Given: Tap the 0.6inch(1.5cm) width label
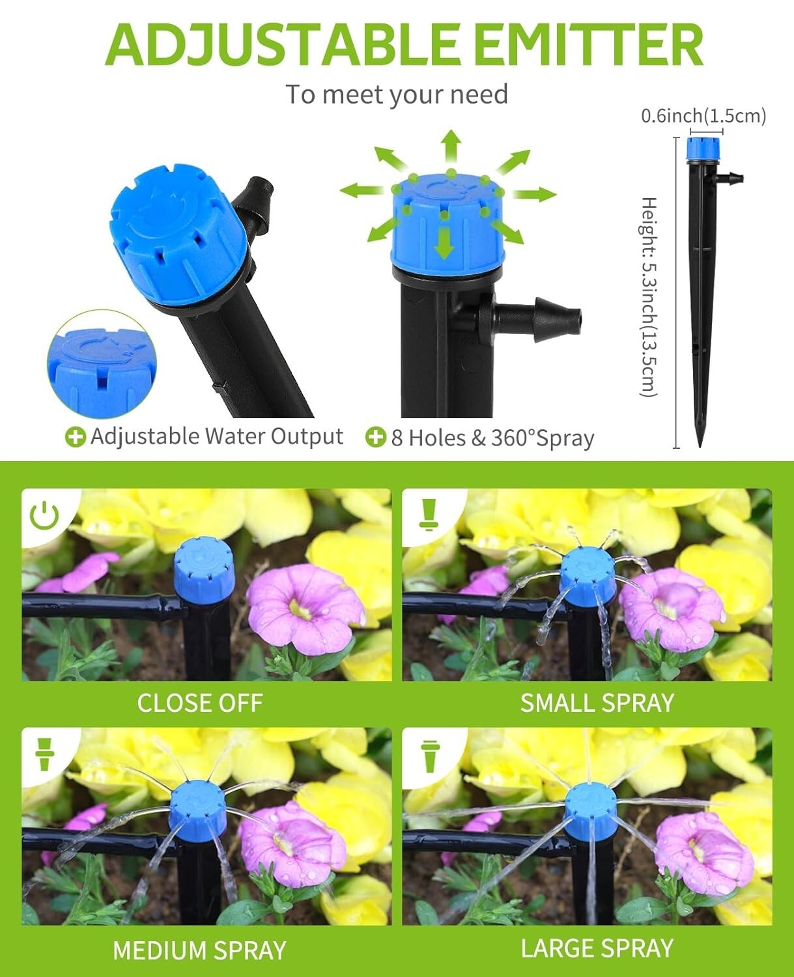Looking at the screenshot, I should tap(703, 116).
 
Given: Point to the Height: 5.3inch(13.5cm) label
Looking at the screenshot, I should tap(649, 296).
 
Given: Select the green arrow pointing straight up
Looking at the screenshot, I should tap(450, 147).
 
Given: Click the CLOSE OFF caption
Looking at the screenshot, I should tap(199, 703).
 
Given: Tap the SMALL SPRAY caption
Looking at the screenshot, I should tap(597, 703).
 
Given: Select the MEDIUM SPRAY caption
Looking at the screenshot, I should tap(199, 950).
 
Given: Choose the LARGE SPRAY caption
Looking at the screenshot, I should tap(597, 948).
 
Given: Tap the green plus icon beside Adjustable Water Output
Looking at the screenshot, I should tap(76, 437).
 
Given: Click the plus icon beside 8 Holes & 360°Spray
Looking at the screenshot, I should tap(375, 437).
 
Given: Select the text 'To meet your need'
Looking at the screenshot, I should tap(397, 94).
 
